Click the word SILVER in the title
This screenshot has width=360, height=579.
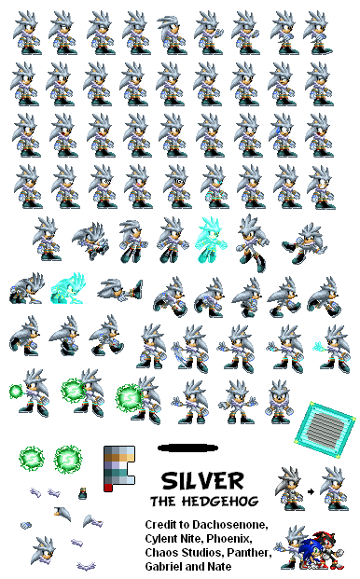point(202,481)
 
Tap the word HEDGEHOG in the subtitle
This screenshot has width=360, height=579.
point(220,501)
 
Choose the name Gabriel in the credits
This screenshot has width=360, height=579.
point(161,567)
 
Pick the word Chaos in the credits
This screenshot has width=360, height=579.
point(157,552)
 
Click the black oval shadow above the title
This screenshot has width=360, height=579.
point(187,448)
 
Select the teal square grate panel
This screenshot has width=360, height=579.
point(325,430)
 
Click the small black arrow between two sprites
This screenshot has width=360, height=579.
point(311,491)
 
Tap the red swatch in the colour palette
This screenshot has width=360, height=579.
point(108,488)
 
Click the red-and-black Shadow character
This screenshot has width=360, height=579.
point(329,550)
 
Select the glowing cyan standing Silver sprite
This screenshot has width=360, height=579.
point(211,240)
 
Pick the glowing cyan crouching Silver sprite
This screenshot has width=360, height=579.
point(69,289)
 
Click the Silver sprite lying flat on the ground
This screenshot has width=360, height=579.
point(120,290)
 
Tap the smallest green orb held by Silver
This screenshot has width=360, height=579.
point(16,391)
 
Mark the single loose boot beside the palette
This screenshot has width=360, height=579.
point(83,494)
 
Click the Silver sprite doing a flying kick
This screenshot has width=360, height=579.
point(305,243)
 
